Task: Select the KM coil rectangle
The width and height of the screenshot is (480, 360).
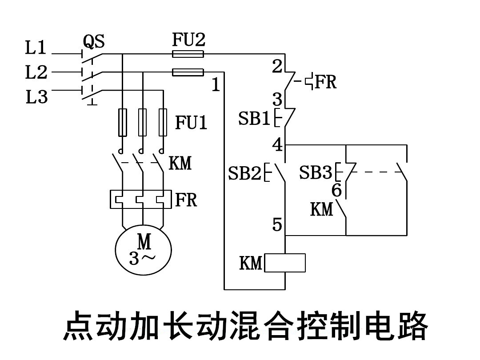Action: click(285, 263)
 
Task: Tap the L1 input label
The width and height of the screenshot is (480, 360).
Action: click(36, 48)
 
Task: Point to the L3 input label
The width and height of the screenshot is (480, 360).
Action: click(36, 96)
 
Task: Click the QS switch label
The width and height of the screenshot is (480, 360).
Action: click(94, 42)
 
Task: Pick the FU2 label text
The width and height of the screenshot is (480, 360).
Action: click(189, 40)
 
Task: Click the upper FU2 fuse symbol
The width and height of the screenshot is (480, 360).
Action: click(188, 54)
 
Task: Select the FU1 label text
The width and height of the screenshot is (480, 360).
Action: click(191, 123)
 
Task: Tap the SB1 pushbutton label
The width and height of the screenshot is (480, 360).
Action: click(254, 119)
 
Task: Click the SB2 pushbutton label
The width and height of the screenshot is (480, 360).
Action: click(244, 173)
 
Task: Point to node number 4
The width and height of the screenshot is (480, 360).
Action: click(277, 145)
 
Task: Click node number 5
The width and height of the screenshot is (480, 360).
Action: click(277, 225)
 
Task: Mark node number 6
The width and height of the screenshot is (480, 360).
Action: click(337, 191)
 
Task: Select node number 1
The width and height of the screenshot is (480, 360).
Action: click(216, 84)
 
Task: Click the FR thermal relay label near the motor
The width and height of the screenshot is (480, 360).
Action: click(186, 200)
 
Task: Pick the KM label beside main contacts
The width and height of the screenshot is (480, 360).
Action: click(180, 163)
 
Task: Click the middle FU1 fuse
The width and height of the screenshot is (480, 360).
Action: click(143, 122)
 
